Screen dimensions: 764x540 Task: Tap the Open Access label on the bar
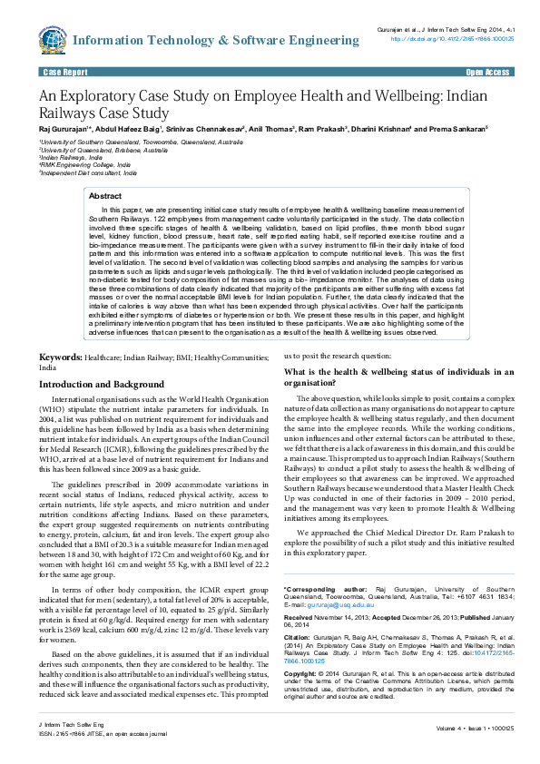(x=487, y=72)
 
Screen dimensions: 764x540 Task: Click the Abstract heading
(x=104, y=196)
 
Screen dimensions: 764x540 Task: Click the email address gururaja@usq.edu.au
(x=328, y=603)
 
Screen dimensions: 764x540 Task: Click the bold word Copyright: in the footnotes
(x=304, y=675)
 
